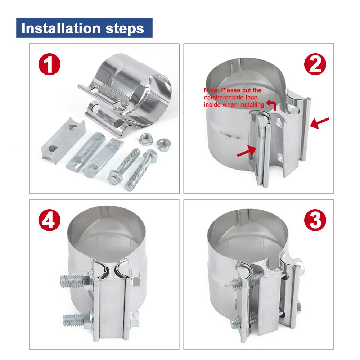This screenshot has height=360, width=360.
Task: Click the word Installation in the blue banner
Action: point(61,28)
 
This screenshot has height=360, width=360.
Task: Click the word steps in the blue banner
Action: point(125,29)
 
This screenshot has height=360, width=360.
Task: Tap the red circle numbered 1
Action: point(49,64)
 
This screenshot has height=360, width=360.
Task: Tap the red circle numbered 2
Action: point(315,64)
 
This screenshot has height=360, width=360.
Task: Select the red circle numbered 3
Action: point(315,220)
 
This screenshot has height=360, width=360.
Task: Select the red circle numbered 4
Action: point(49,220)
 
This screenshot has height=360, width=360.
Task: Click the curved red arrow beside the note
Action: point(272,105)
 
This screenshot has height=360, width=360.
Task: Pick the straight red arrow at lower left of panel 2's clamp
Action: point(247,151)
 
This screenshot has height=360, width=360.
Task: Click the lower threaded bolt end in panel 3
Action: point(236,322)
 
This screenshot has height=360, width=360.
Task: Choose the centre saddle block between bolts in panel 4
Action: point(113,303)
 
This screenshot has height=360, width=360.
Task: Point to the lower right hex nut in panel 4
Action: point(135,319)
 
